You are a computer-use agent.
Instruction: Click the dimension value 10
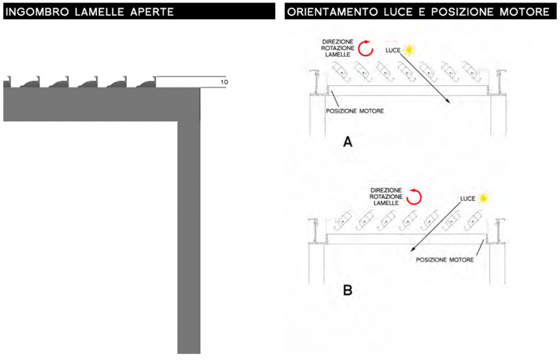click(x=224, y=82)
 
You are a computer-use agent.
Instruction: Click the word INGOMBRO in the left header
click(x=37, y=12)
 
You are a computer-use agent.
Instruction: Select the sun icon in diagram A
click(x=409, y=50)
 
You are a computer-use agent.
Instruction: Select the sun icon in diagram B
click(x=483, y=198)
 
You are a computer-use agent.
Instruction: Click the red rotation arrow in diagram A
click(x=366, y=48)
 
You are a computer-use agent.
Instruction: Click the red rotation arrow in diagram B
click(x=414, y=196)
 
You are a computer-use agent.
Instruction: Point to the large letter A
click(x=347, y=142)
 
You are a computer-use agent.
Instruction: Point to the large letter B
click(x=347, y=290)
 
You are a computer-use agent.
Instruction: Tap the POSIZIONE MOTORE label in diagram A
click(x=355, y=111)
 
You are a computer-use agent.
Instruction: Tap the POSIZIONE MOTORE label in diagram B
click(x=445, y=260)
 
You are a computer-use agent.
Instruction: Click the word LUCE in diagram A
click(x=393, y=50)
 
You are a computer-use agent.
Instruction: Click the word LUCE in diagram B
click(x=468, y=199)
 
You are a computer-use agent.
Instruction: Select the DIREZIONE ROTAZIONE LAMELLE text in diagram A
click(x=337, y=48)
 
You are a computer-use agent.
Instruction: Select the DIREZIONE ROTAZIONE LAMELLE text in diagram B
click(x=386, y=196)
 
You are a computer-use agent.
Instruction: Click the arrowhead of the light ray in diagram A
click(x=448, y=101)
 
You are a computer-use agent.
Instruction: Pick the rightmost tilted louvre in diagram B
click(x=473, y=221)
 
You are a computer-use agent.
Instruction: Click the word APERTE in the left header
click(x=152, y=12)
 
